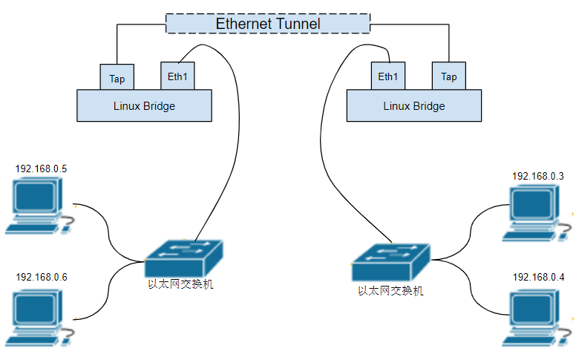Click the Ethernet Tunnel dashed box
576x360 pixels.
tap(267, 23)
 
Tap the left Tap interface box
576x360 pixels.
tap(117, 77)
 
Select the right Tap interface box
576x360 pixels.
tap(448, 76)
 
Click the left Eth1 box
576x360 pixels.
tap(177, 76)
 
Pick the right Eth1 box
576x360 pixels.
tap(387, 76)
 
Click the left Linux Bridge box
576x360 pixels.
tap(144, 105)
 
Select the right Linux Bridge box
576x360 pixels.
tap(413, 105)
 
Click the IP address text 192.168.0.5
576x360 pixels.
tap(42, 168)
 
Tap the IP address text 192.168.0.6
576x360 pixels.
tap(42, 277)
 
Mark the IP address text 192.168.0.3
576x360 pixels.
tap(538, 176)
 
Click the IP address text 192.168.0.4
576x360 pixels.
tap(538, 277)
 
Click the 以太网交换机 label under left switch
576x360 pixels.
tap(180, 284)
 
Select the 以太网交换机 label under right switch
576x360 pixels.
tap(390, 291)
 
